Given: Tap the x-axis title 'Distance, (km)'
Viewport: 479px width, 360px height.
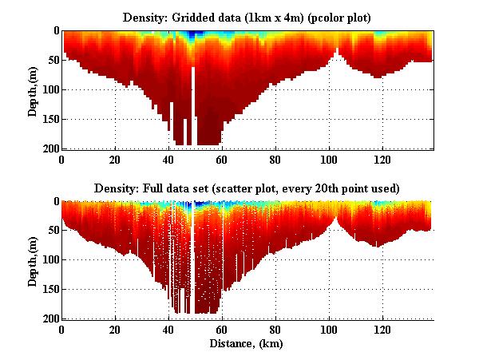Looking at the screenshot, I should pos(247,344).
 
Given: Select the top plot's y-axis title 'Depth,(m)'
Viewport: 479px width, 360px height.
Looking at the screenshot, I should pos(33,89).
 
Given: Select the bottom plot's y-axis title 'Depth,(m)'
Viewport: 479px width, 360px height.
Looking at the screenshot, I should pos(33,260).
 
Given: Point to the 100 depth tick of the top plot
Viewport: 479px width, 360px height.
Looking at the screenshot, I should pos(49,89).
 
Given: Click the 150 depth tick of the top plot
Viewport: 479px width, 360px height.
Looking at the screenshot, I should pos(49,119).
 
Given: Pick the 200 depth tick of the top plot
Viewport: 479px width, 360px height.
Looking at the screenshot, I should pos(49,148).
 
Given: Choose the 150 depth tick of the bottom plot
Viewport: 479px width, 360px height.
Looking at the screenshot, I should pos(49,290).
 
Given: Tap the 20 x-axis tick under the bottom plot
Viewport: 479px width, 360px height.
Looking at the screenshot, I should pos(115,329).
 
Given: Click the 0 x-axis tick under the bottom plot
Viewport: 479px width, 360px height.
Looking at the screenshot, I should pos(61,329).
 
